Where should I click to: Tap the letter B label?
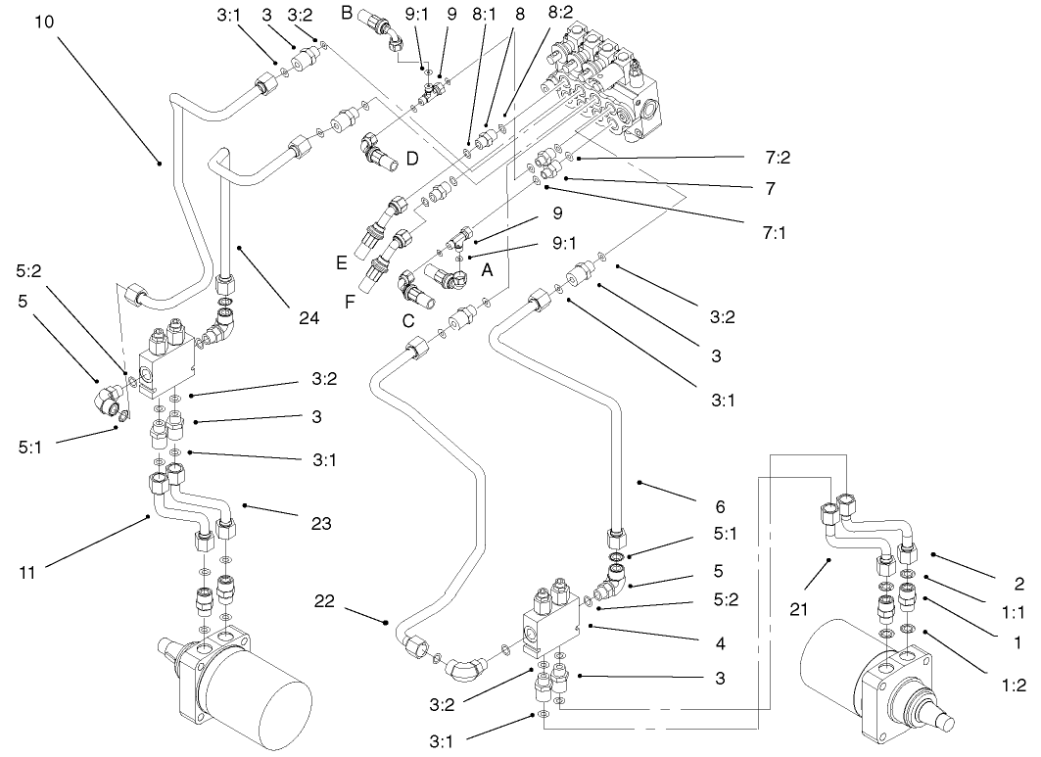pyautogui.click(x=346, y=13)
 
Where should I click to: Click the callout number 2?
pyautogui.click(x=1018, y=584)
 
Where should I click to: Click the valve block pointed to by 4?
pyautogui.click(x=554, y=624)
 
